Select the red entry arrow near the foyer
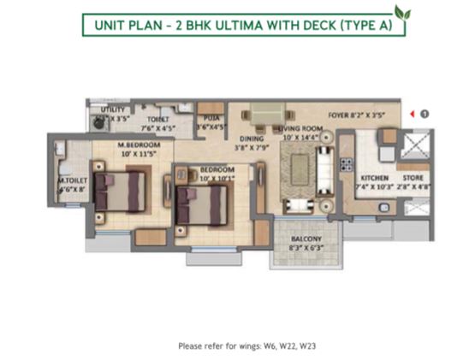click(x=411, y=113)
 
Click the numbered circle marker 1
click(x=424, y=113)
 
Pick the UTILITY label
click(x=113, y=109)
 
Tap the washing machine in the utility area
click(x=100, y=122)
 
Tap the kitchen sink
click(x=389, y=135)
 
